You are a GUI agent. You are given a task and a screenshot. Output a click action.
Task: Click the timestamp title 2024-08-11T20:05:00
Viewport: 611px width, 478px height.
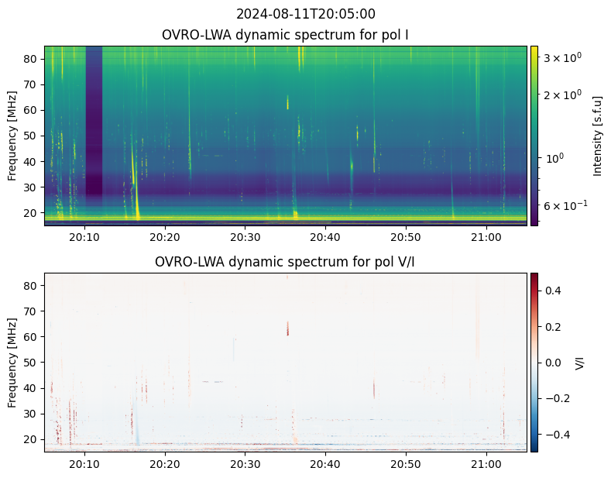click(x=305, y=14)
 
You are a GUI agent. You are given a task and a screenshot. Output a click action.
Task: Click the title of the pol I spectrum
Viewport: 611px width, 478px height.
click(x=285, y=35)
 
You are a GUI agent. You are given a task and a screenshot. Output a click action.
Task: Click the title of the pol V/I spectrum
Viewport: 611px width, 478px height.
click(x=285, y=262)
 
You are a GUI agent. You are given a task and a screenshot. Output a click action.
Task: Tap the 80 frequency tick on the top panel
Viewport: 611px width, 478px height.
click(x=32, y=59)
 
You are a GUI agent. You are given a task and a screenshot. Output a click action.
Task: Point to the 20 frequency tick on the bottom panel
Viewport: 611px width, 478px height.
click(x=32, y=439)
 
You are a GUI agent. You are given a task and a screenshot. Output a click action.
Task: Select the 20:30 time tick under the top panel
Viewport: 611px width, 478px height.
click(x=245, y=237)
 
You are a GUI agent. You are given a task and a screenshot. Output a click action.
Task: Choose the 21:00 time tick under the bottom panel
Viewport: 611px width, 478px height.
click(x=486, y=464)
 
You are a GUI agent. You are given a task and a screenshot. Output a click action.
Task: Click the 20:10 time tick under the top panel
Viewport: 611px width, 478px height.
click(x=84, y=237)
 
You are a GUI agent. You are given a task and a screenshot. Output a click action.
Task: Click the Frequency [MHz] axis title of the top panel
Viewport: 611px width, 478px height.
click(x=12, y=136)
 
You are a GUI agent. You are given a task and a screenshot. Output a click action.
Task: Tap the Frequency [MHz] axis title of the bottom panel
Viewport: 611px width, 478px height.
click(x=12, y=363)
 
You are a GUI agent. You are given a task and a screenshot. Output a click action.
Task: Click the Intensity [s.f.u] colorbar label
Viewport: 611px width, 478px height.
click(x=597, y=136)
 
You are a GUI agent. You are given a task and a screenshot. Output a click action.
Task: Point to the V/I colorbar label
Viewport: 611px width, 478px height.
click(x=580, y=363)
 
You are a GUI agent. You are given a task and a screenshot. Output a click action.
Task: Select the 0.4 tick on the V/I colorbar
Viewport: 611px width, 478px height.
click(x=553, y=291)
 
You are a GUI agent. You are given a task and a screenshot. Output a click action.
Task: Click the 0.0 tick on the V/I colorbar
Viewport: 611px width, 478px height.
click(x=553, y=363)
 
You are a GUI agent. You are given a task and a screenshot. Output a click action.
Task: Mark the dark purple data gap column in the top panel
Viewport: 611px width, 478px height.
click(x=94, y=121)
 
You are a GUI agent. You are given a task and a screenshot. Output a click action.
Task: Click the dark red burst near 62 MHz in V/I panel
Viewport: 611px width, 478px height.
click(x=288, y=328)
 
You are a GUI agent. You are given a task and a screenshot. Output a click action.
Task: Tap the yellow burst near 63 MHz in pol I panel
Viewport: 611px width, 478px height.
click(x=288, y=102)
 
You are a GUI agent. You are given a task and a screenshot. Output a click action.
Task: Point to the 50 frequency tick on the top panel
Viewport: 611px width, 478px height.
click(x=32, y=136)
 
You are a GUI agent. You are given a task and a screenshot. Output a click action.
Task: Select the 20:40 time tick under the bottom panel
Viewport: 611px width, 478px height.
click(x=325, y=464)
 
